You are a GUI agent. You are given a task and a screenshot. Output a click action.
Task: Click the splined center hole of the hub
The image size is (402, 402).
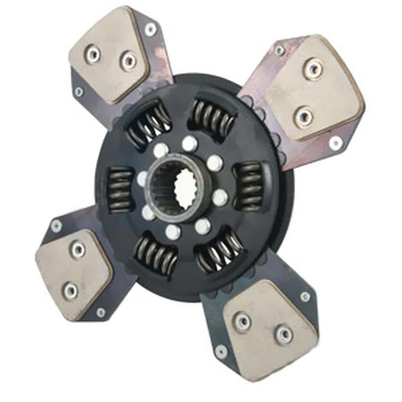click(186, 188)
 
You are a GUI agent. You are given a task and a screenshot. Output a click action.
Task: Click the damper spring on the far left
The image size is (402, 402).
click(120, 189)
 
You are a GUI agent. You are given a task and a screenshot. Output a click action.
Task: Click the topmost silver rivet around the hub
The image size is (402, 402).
click(189, 143)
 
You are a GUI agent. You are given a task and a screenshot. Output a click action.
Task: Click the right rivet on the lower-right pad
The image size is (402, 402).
click(284, 334)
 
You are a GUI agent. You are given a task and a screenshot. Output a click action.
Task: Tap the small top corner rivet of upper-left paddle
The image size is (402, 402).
click(151, 29)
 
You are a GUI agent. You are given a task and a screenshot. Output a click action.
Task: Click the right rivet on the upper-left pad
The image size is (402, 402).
click(128, 60)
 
